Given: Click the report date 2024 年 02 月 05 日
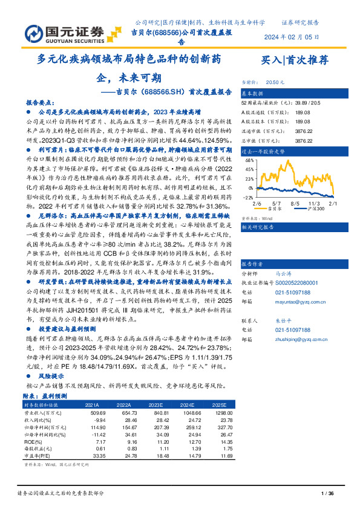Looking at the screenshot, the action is pyautogui.click(x=292, y=36).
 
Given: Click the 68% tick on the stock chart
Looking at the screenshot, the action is pyautogui.click(x=249, y=161).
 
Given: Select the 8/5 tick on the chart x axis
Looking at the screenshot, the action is pyautogui.click(x=295, y=204).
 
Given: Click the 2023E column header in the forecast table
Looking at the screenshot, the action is pyautogui.click(x=157, y=404).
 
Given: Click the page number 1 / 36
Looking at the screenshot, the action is pyautogui.click(x=327, y=494).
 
